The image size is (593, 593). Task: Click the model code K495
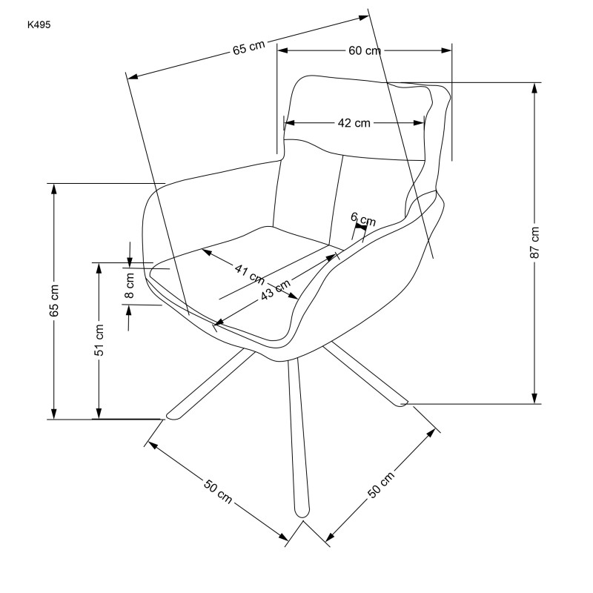(x=41, y=24)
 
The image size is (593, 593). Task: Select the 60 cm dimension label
(x=364, y=50)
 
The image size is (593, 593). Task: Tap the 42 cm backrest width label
(x=354, y=123)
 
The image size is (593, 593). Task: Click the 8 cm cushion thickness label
(x=130, y=285)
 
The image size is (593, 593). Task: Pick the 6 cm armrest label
(x=363, y=219)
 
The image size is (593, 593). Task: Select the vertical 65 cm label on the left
(x=53, y=301)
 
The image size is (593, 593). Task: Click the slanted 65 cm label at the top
(x=249, y=50)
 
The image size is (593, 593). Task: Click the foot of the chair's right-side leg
(x=401, y=402)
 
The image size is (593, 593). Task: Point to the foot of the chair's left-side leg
(x=172, y=414)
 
